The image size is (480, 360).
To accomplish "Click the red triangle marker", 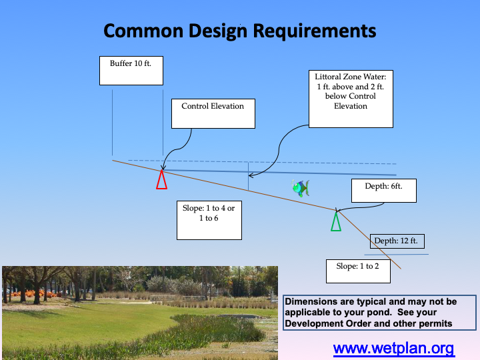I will coord(161,180).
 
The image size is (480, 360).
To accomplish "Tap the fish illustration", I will coord(301,188).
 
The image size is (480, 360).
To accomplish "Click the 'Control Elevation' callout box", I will coord(213,113).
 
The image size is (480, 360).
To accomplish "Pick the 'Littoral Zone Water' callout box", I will coord(351,98).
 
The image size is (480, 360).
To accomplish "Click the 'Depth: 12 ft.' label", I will coord(396,241).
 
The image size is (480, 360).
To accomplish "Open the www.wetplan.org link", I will coord(393,348).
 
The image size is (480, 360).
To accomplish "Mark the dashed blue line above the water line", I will coord(267,162).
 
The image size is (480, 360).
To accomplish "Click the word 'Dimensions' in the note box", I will coord(312,302).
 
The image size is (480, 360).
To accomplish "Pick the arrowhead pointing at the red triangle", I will coord(163,167).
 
